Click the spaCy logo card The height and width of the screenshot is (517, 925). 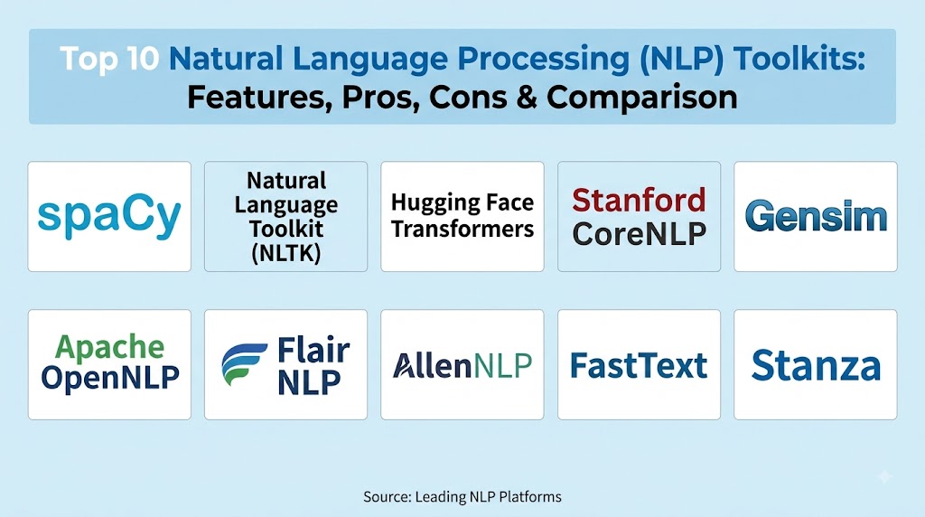(x=109, y=217)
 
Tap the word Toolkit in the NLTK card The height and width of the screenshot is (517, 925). (x=286, y=229)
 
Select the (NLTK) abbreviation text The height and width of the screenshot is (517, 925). (x=286, y=252)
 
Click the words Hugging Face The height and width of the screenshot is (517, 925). (x=462, y=203)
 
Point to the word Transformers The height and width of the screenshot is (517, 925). (x=462, y=229)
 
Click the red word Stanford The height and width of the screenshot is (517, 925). (x=639, y=200)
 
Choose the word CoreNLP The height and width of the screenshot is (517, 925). (x=639, y=234)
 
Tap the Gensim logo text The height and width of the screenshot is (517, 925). (x=816, y=216)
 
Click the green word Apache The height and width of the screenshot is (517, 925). (x=109, y=347)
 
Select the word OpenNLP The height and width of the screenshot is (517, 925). (x=109, y=377)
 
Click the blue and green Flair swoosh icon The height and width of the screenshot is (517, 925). (x=244, y=365)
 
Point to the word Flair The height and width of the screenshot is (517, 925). (x=313, y=351)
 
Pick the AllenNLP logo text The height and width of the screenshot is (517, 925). (x=462, y=365)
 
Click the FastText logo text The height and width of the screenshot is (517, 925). (x=639, y=365)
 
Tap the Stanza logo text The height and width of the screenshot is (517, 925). (x=816, y=365)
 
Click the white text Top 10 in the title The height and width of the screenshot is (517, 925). (x=109, y=59)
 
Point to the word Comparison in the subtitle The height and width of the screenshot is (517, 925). (x=642, y=98)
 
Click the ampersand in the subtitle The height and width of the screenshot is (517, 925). (x=527, y=97)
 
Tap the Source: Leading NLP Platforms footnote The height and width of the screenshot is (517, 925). (x=462, y=497)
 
